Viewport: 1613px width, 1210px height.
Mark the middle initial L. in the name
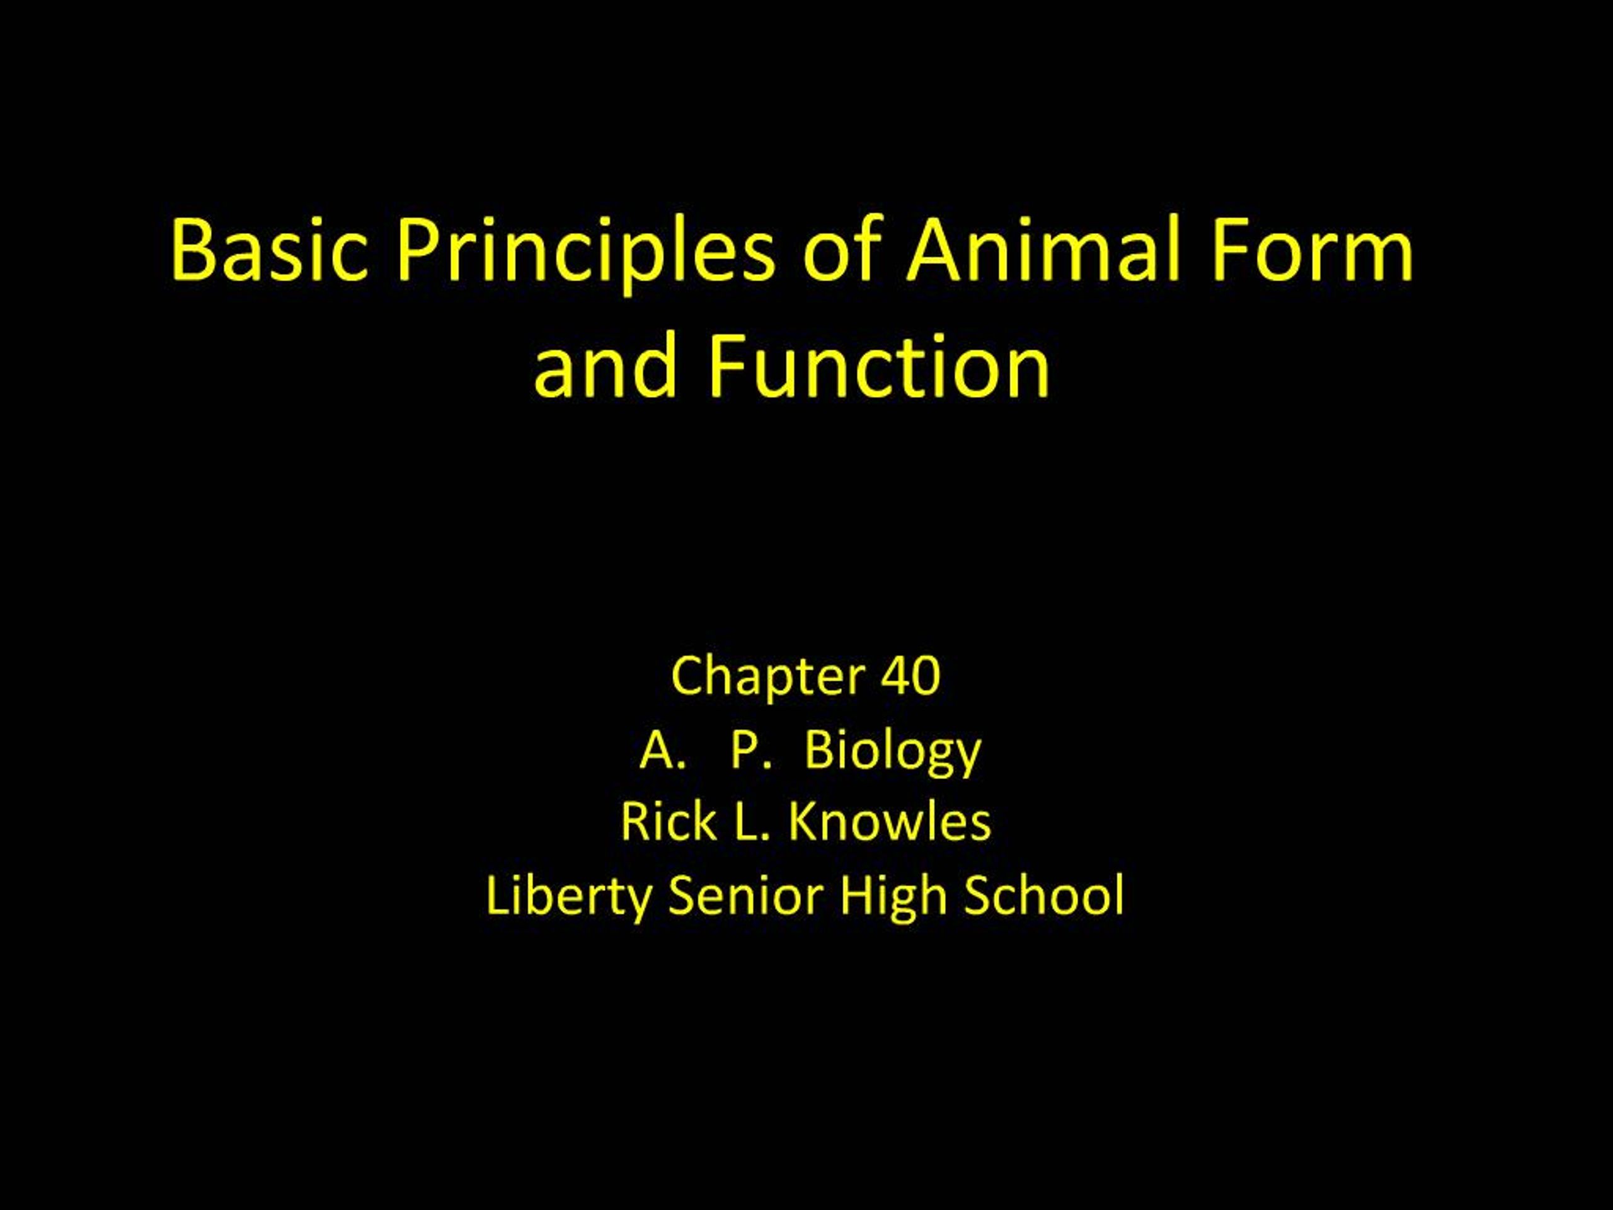[752, 821]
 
